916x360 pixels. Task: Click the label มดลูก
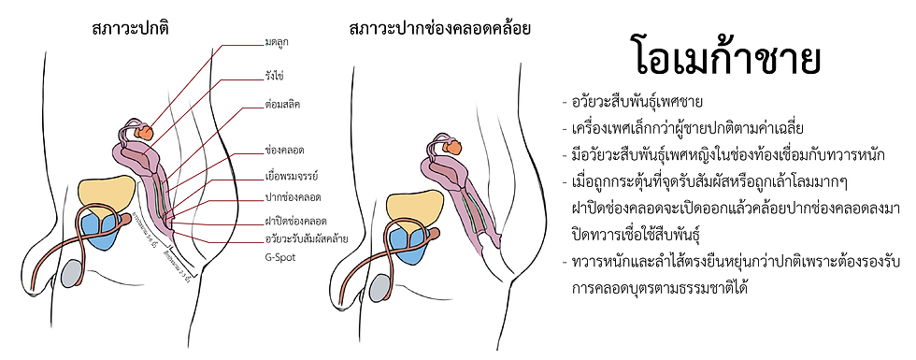tap(277, 42)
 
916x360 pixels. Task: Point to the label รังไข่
tap(275, 73)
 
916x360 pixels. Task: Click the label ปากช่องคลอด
tap(293, 196)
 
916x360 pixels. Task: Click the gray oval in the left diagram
tap(72, 273)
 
